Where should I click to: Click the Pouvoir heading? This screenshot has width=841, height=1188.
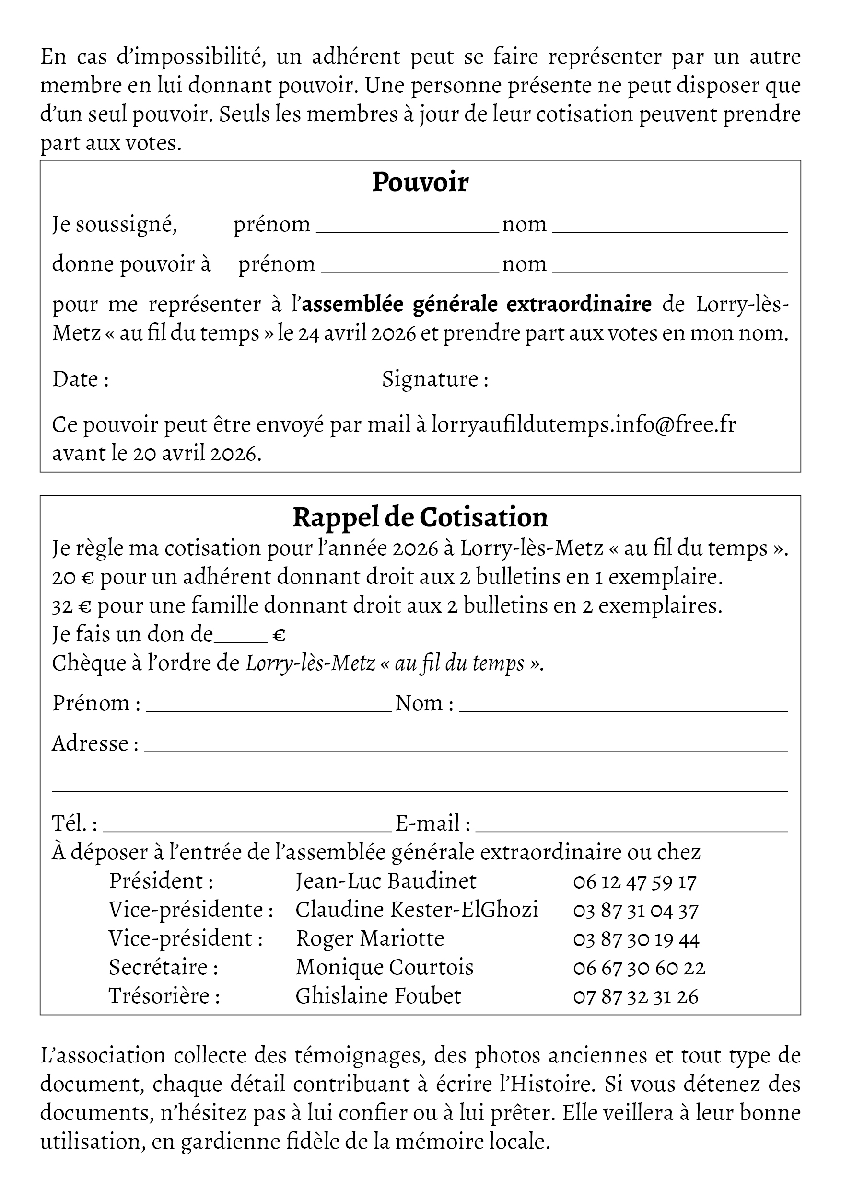420,182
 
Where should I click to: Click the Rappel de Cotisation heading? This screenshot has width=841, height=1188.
420,517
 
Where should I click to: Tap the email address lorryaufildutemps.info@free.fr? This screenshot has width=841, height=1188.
584,425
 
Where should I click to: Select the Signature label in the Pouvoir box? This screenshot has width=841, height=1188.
435,379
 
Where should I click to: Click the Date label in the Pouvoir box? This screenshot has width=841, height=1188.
80,379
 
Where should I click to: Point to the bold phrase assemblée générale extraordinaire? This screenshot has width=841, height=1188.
477,304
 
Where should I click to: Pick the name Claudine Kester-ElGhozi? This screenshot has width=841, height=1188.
417,910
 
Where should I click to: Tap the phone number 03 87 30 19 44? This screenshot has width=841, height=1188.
636,939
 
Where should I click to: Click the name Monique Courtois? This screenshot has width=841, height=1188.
385,968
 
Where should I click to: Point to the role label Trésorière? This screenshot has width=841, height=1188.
164,996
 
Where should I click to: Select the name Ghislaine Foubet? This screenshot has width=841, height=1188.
378,996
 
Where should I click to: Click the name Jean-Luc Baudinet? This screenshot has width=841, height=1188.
386,881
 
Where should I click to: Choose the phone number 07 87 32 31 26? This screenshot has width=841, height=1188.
635,996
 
